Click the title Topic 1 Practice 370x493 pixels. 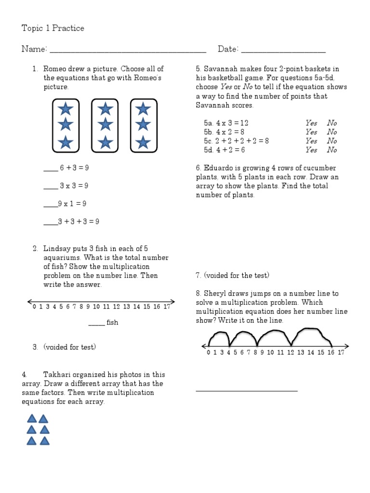(53, 28)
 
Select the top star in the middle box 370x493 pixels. (105, 109)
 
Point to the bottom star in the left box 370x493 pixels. (66, 143)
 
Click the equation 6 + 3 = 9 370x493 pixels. (74, 168)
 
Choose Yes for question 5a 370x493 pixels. (311, 123)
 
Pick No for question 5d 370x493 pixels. (332, 150)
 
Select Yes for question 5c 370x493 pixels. (311, 141)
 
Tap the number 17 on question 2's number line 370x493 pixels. (167, 307)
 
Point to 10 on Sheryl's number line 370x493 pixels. (270, 352)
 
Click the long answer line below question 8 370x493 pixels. (247, 390)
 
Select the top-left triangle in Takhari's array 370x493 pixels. (31, 419)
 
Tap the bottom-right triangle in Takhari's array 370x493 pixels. (44, 441)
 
